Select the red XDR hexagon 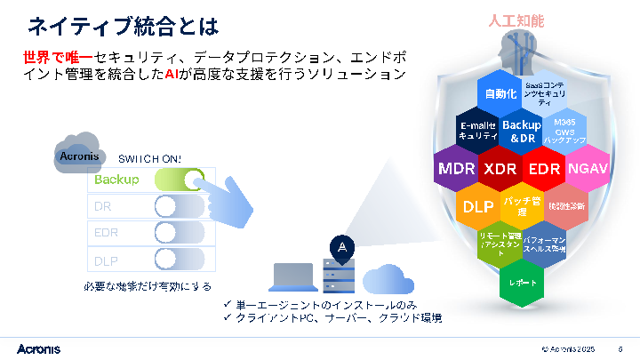coord(500,169)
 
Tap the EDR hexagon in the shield coord(543,169)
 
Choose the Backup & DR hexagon coord(522,132)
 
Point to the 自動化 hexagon coord(500,94)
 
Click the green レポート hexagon coord(522,282)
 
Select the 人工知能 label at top coord(516,20)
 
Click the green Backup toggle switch coord(178,180)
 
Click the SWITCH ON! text coord(150,158)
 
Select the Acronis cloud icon coord(78,153)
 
